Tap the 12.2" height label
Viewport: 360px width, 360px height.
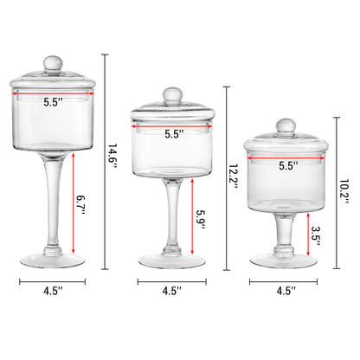[233, 177]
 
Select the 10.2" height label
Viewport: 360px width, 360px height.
[344, 192]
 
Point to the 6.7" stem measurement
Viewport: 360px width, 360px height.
[81, 205]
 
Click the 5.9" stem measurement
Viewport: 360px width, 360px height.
[201, 220]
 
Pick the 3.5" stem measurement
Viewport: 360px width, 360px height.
[316, 236]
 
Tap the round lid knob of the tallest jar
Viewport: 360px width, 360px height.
[53, 64]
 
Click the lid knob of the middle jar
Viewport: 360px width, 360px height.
[172, 96]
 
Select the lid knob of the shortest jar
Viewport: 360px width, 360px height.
[286, 126]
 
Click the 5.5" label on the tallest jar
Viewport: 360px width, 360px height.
[53, 102]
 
